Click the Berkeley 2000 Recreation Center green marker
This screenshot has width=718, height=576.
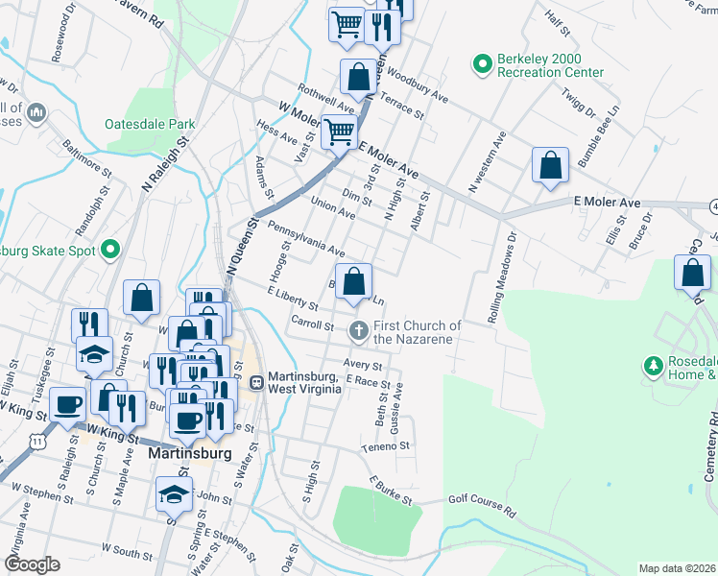coord(483,64)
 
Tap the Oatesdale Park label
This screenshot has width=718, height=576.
coord(151,124)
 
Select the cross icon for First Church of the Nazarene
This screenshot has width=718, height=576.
coord(359,331)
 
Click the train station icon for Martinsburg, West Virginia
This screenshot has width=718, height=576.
coord(256,381)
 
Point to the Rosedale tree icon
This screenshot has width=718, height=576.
coord(654,366)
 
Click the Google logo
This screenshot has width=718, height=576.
coord(32,564)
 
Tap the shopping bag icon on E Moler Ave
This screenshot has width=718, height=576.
coord(550,164)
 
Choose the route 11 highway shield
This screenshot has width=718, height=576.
coord(36,439)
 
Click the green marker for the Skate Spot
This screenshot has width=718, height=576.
coord(110,251)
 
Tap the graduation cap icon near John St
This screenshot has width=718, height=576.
coord(173,494)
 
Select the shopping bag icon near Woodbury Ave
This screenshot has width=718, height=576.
coord(357,77)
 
